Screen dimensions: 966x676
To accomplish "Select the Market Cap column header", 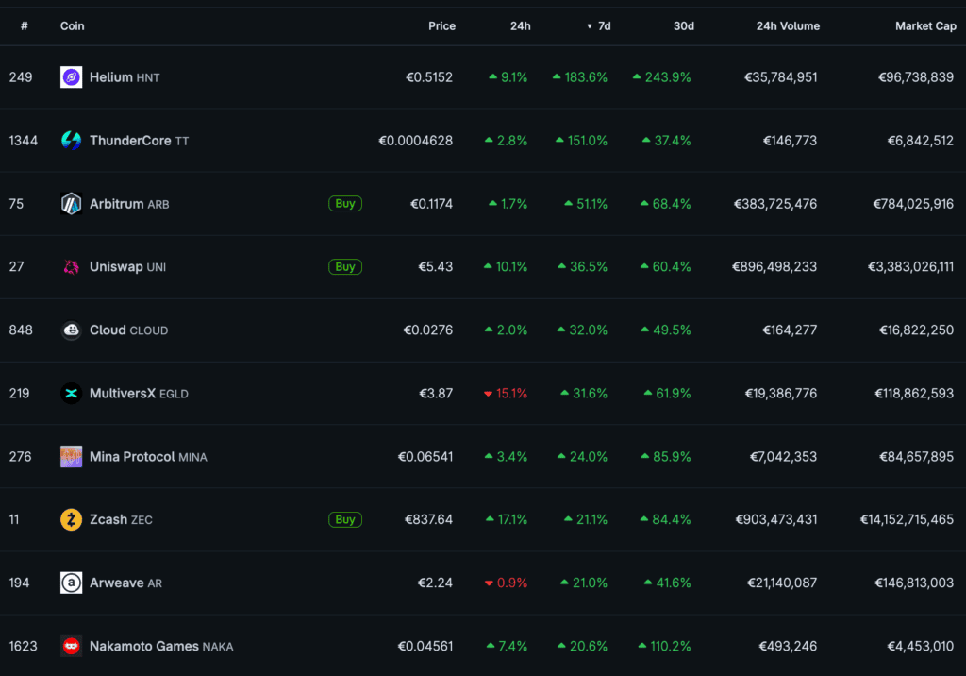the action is click(x=925, y=25).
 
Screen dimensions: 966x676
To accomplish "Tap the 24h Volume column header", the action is click(x=788, y=25).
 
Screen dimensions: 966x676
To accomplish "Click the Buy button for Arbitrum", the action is click(x=345, y=204).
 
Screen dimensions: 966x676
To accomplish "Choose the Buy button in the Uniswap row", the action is click(x=345, y=266).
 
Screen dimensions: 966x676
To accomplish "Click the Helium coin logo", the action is click(x=72, y=77).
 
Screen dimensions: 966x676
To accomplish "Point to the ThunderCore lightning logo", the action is click(x=72, y=141).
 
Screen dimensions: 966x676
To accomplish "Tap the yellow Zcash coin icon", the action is click(x=72, y=519).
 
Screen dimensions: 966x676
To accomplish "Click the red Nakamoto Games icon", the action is click(x=72, y=646).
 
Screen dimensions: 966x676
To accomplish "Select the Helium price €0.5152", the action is click(x=429, y=77).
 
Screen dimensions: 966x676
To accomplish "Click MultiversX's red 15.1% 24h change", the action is click(x=512, y=394).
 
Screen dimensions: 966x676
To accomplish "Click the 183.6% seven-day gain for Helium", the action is click(x=586, y=77).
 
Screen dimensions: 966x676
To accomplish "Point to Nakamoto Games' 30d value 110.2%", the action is click(x=671, y=646).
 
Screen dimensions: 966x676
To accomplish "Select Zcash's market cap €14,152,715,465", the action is click(x=907, y=519).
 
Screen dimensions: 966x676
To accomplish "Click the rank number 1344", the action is click(x=24, y=141).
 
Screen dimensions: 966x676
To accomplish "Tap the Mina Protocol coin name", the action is click(x=132, y=456).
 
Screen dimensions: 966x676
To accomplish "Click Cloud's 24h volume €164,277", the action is click(x=790, y=330).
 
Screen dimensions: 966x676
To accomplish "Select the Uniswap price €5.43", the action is click(x=436, y=266).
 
